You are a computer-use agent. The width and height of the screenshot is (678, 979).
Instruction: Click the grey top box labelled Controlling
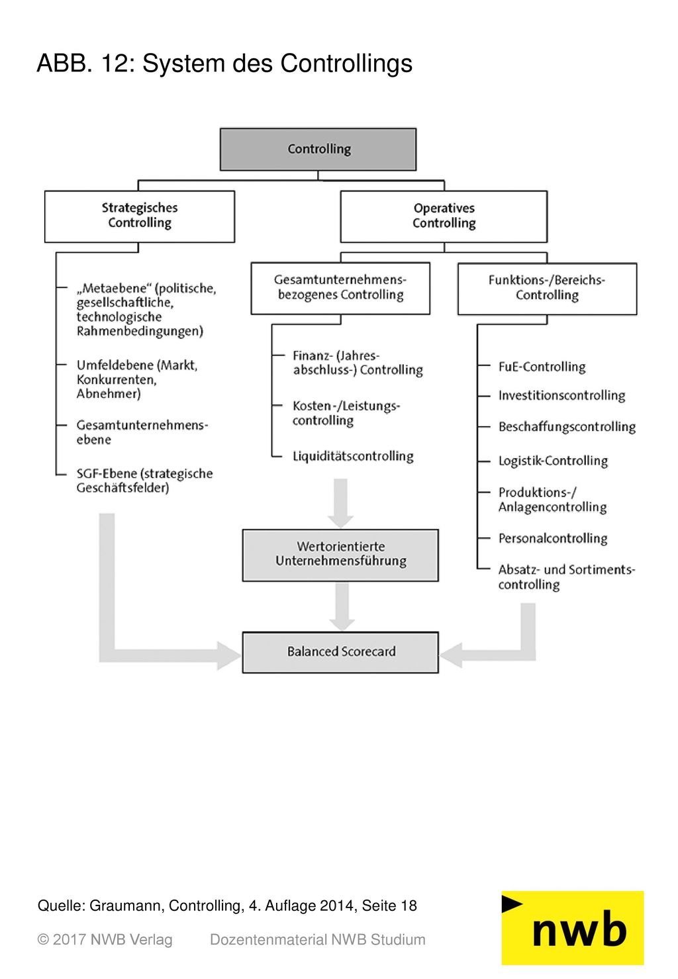click(x=318, y=149)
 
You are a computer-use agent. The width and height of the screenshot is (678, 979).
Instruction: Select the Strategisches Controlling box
click(x=140, y=216)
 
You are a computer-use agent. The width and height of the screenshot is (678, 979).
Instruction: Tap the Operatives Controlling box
click(x=444, y=216)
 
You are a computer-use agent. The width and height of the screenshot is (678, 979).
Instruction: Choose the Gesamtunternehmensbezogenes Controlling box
click(x=340, y=288)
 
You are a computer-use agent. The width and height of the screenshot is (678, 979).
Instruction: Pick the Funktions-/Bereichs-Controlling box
click(x=547, y=289)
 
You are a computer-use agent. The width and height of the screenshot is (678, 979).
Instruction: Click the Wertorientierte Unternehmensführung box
click(x=340, y=555)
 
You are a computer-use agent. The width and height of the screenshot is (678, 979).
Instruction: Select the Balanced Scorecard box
click(x=340, y=652)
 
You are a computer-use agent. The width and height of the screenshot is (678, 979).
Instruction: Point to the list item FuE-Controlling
click(x=542, y=366)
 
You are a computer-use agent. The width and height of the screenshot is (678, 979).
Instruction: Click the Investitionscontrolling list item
click(x=561, y=395)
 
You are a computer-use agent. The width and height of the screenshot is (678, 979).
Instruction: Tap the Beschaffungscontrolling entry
click(x=567, y=426)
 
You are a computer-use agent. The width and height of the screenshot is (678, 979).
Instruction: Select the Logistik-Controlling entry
click(x=553, y=461)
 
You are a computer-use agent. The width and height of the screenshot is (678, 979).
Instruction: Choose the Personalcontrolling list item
click(x=553, y=538)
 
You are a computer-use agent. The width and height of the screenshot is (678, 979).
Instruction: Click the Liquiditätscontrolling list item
click(x=353, y=456)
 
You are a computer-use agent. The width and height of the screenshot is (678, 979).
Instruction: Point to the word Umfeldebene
click(x=115, y=365)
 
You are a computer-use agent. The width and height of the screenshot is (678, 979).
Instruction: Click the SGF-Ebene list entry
click(x=144, y=481)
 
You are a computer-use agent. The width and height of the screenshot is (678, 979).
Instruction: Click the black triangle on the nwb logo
click(x=511, y=904)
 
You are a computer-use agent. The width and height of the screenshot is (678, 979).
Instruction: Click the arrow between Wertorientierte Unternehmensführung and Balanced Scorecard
click(x=342, y=606)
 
